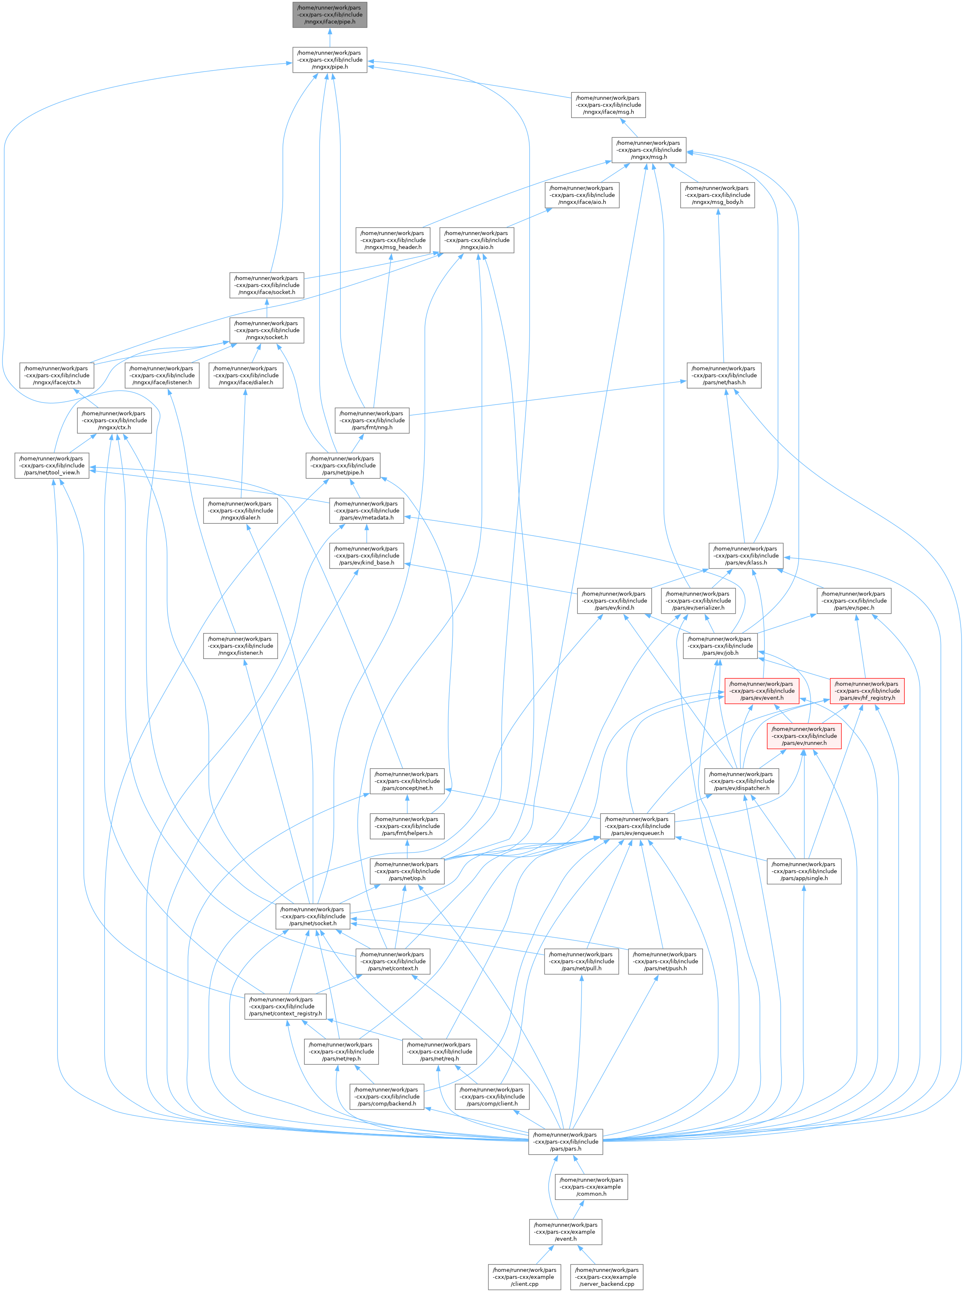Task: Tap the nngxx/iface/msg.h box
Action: tap(607, 105)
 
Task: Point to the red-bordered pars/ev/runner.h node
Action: tap(804, 735)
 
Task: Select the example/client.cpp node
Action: tap(524, 1277)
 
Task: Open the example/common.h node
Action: tap(591, 1186)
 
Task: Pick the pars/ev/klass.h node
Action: tap(746, 555)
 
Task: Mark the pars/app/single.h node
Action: tap(804, 871)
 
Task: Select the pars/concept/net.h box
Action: tap(407, 781)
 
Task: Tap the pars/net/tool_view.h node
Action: tap(52, 465)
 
